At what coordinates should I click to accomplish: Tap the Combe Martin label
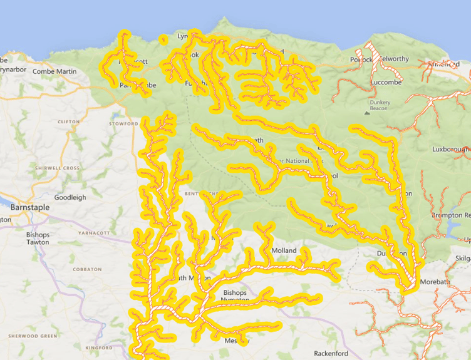coord(54,71)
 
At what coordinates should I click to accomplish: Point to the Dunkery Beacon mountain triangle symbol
coord(367,113)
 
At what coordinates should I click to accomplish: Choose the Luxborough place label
coord(450,150)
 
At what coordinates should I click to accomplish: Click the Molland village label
coord(283,250)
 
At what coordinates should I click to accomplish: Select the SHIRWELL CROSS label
coord(58,168)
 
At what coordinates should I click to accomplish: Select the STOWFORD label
coord(123,124)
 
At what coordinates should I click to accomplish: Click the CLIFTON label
coord(68,122)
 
